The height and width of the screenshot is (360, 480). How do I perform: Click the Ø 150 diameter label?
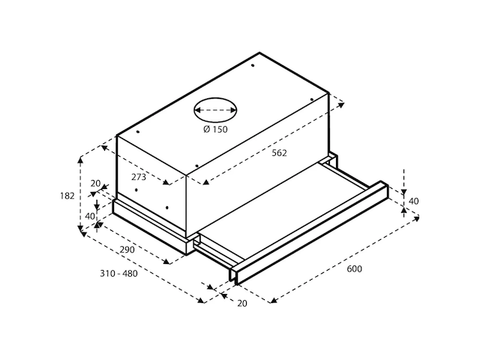click(x=215, y=130)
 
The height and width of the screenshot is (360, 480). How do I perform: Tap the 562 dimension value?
click(x=279, y=153)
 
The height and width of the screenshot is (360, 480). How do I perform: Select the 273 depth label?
click(x=139, y=177)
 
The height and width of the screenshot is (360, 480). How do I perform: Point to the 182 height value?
click(x=67, y=196)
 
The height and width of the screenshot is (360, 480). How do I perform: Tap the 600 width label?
click(x=355, y=268)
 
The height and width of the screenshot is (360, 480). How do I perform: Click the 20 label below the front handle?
click(x=241, y=303)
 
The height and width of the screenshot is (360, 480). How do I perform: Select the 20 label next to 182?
click(x=95, y=184)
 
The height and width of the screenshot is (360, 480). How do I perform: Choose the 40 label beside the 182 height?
click(x=91, y=216)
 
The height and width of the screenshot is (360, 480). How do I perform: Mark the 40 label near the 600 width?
click(x=413, y=201)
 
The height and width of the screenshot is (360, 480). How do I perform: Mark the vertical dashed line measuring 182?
click(x=80, y=195)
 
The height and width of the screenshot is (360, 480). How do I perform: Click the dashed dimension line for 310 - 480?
click(x=142, y=267)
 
